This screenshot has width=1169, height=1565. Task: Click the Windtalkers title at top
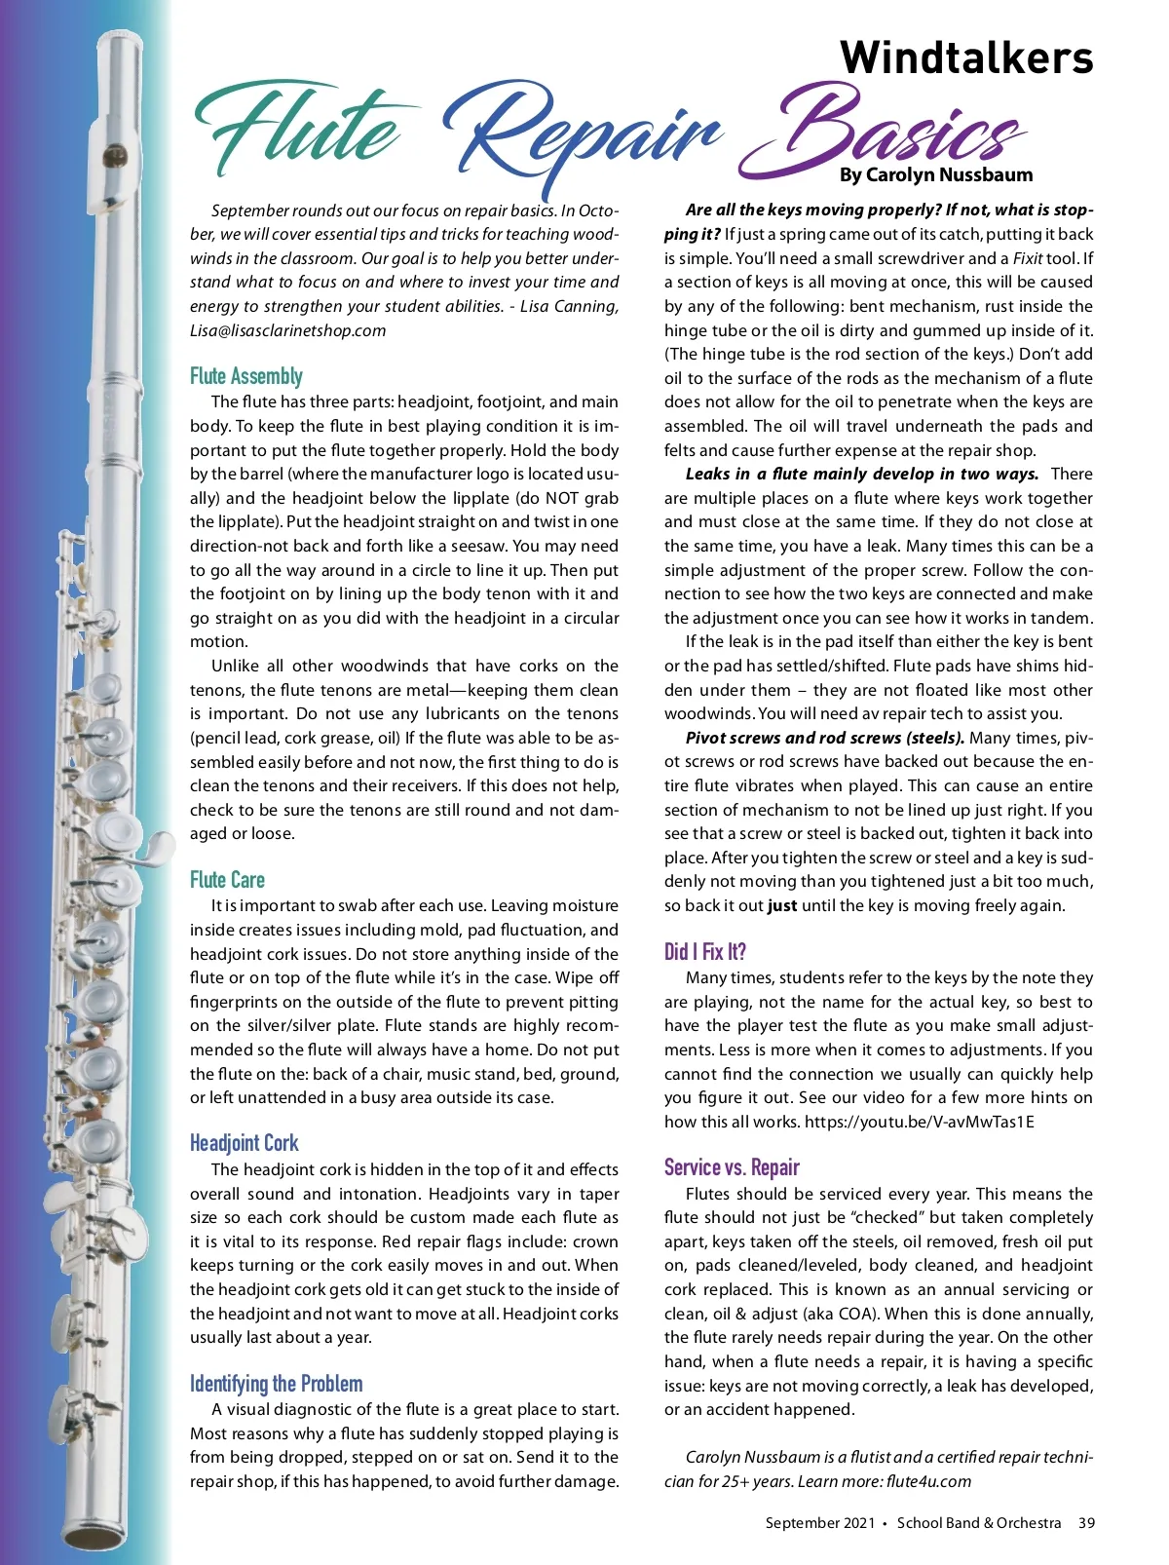(966, 57)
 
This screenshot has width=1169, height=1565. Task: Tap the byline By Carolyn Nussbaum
(935, 175)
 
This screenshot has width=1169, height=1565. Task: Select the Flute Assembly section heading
(246, 376)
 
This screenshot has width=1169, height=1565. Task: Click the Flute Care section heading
(227, 880)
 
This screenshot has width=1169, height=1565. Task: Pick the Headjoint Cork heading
(244, 1143)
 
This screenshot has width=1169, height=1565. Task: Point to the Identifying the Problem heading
(276, 1384)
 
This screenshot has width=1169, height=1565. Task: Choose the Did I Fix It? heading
(704, 952)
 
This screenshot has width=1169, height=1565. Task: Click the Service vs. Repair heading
(732, 1167)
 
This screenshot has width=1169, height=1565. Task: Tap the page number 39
(1086, 1523)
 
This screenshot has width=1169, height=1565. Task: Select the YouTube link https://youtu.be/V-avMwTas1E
(919, 1122)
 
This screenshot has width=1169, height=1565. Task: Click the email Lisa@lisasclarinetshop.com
(287, 330)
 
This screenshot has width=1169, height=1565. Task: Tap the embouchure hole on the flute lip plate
(115, 154)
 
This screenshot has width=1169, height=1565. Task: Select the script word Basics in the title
(886, 132)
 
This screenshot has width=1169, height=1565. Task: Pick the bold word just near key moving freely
(781, 905)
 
